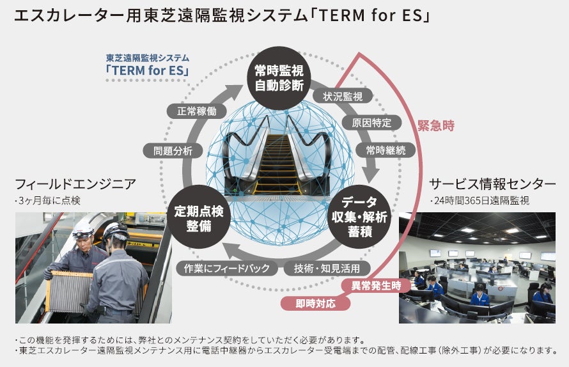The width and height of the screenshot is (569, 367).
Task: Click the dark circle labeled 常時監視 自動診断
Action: [279, 78]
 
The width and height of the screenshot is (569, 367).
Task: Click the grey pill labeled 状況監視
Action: [343, 97]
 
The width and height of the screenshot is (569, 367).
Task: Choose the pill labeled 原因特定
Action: [371, 123]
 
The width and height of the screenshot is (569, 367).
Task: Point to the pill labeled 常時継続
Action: [390, 150]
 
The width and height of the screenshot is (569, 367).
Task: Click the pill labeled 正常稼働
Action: [196, 111]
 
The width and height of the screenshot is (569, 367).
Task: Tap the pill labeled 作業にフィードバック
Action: [227, 268]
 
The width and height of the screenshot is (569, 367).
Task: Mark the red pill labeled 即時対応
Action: [316, 303]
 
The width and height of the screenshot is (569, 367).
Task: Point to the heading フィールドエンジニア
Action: [75, 184]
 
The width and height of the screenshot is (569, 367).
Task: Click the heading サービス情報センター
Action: [492, 184]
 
